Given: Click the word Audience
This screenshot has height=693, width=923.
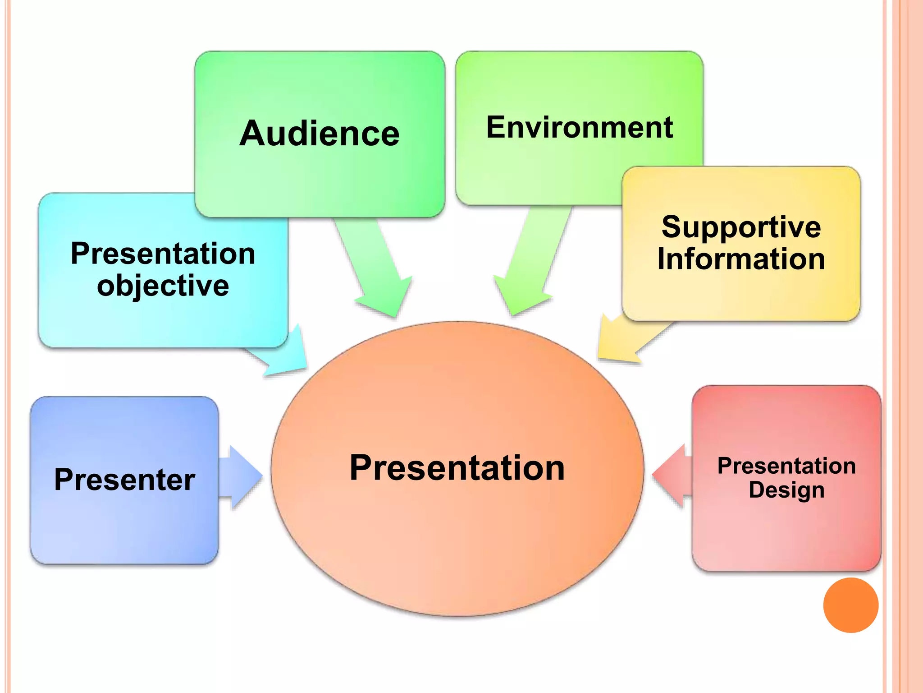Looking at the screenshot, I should coord(320,134).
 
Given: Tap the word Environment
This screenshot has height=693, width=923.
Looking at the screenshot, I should coord(580,128).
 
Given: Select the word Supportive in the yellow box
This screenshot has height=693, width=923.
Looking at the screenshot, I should coord(741,227).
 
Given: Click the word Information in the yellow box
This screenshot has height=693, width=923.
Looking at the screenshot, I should coord(741,259).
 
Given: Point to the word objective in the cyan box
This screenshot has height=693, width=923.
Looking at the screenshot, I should coord(163,286).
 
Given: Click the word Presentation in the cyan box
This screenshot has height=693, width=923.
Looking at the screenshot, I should coord(163,254).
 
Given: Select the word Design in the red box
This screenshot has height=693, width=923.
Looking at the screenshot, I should coord(786,490).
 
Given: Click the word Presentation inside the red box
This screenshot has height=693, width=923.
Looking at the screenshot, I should coord(786,466).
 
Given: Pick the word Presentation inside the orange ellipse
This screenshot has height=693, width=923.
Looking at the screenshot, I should coord(457,468).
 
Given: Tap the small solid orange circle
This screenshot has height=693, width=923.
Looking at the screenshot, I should coord(850,605).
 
